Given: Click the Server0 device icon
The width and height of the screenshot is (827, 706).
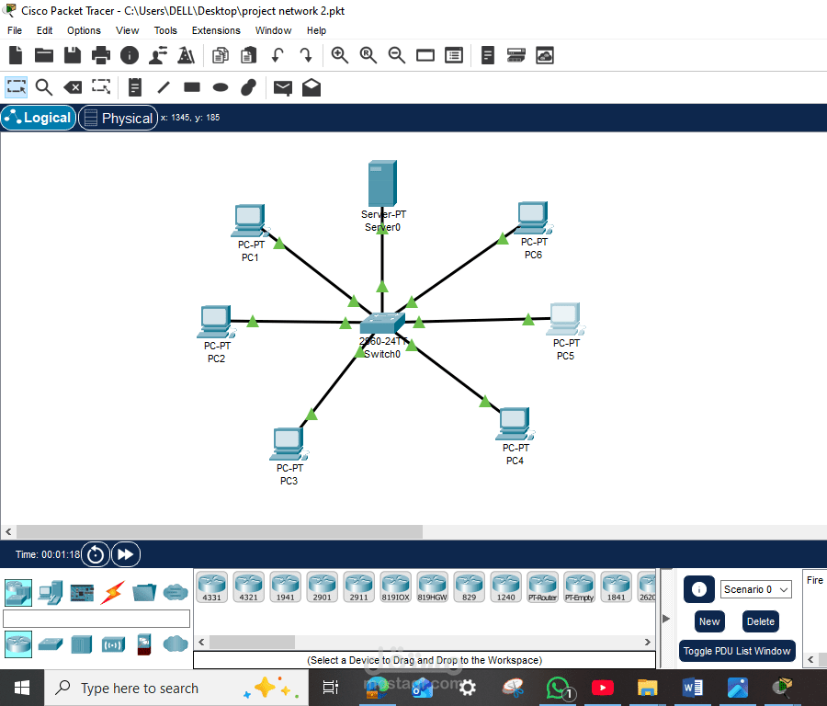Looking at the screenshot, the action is [381, 184].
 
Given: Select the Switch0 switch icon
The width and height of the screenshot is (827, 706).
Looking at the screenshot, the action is [381, 323].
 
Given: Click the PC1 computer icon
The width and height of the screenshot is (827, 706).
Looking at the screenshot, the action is [248, 222].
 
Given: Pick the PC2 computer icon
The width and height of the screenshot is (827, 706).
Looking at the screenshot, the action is [214, 322].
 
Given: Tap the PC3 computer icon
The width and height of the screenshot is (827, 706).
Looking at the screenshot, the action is [288, 444].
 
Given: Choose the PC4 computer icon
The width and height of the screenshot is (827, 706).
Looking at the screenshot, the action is [514, 424].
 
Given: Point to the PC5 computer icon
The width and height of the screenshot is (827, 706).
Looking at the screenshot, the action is [564, 319].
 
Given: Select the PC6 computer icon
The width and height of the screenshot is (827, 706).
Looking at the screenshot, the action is [532, 219].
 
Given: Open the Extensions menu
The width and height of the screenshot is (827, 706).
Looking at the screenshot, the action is [216, 30].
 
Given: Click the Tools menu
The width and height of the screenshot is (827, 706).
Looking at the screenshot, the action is [165, 30].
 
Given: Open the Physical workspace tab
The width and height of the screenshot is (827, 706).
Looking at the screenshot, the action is [118, 118].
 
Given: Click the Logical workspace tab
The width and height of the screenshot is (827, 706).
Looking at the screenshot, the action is [39, 118].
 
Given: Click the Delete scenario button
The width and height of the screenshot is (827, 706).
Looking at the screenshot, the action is [760, 621].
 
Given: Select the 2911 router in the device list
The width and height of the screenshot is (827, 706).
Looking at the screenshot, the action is [358, 586].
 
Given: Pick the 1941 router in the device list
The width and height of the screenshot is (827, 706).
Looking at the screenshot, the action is [285, 586].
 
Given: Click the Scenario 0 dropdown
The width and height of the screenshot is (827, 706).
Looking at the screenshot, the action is [756, 589].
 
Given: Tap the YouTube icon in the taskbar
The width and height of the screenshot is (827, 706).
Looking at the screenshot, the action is [603, 687].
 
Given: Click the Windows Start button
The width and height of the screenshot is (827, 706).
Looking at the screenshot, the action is [22, 688].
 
